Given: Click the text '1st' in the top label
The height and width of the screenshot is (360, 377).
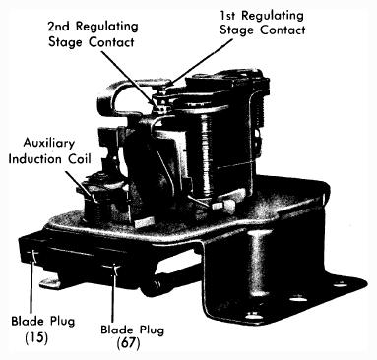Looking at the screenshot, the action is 228,15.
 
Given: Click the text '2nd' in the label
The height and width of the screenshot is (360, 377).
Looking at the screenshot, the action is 58,27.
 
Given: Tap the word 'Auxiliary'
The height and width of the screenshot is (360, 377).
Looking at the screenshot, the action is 49,144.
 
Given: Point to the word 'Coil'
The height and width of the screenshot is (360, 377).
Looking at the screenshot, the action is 79,159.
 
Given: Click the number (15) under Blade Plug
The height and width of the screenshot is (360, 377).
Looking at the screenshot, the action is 36,337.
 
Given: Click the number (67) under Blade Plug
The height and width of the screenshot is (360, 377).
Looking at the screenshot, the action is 129,343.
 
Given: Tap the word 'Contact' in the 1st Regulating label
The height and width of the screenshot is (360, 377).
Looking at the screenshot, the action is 283,30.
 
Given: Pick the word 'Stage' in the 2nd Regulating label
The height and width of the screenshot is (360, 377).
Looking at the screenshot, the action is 65,42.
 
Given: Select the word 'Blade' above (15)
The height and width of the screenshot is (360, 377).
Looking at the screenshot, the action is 28,321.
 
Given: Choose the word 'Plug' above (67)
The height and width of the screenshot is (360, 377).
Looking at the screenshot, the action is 152,330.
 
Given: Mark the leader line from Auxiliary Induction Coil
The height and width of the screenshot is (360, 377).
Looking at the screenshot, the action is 80,185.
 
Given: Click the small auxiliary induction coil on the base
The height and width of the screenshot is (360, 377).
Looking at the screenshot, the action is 98,200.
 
